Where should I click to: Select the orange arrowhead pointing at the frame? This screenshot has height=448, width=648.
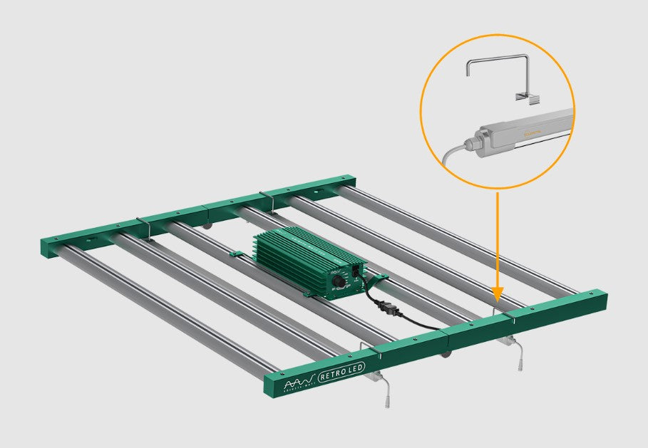(x=498, y=293)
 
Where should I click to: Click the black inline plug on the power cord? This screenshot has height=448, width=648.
(x=386, y=308)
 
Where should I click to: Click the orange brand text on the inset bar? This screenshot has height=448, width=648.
(x=532, y=131)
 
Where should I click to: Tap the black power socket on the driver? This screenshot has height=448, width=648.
(x=356, y=271)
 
